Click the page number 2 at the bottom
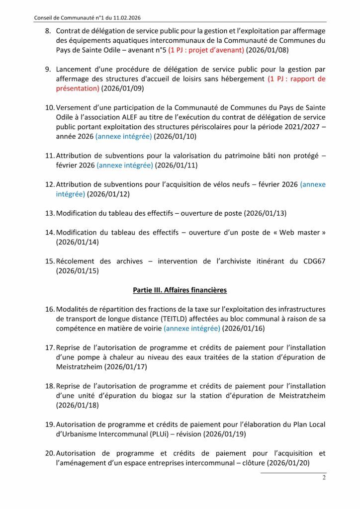[324, 478]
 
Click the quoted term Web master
[303, 232]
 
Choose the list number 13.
[50, 213]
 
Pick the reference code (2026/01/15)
[78, 271]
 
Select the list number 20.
[50, 453]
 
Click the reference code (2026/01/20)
[289, 463]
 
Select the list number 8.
[49, 31]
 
